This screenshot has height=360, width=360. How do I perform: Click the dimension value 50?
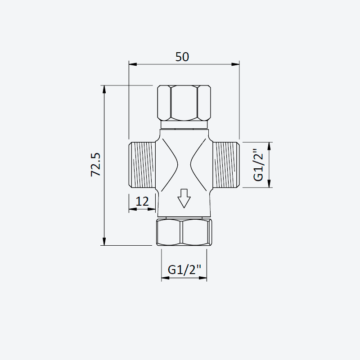pos(182,57)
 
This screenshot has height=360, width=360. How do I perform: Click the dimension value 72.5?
pos(96,165)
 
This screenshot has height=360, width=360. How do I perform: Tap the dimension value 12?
pos(142,201)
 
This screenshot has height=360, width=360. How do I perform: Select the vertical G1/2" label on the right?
pos(258,165)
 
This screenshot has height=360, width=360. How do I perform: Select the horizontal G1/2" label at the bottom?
pos(184,270)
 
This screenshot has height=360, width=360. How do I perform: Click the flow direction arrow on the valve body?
pos(184,198)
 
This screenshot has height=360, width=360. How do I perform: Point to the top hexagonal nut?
pos(184,103)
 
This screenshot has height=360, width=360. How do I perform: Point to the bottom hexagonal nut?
pos(184,232)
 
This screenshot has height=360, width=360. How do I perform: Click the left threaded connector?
pos(142,165)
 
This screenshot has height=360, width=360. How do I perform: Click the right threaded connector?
pos(226,165)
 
